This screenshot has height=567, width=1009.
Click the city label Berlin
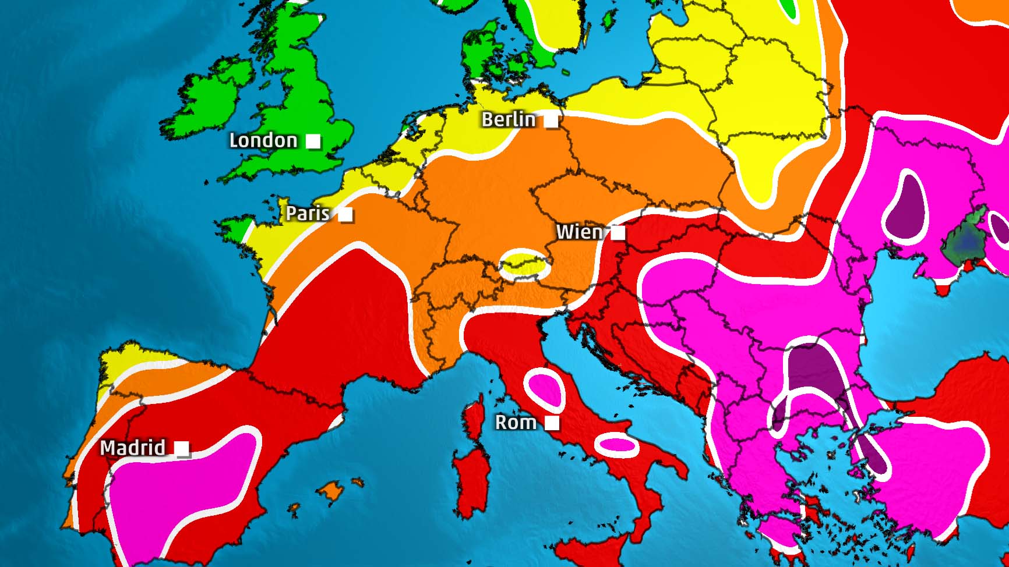508,119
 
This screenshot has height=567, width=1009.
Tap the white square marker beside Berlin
551,121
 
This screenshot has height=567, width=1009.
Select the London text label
263,140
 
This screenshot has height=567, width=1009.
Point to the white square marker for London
313,141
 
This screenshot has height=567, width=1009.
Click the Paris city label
308,213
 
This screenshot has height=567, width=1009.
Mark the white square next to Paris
345,214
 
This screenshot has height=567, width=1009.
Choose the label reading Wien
579,232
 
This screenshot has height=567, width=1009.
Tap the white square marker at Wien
618,233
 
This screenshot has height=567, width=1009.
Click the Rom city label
516,421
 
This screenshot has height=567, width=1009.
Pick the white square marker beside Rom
552,423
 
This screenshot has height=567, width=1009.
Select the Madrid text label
133,447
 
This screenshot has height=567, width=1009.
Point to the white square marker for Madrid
182,448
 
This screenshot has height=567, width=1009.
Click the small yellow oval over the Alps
525,265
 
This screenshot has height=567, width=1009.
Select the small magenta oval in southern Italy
617,444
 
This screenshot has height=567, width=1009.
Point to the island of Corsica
475,419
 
